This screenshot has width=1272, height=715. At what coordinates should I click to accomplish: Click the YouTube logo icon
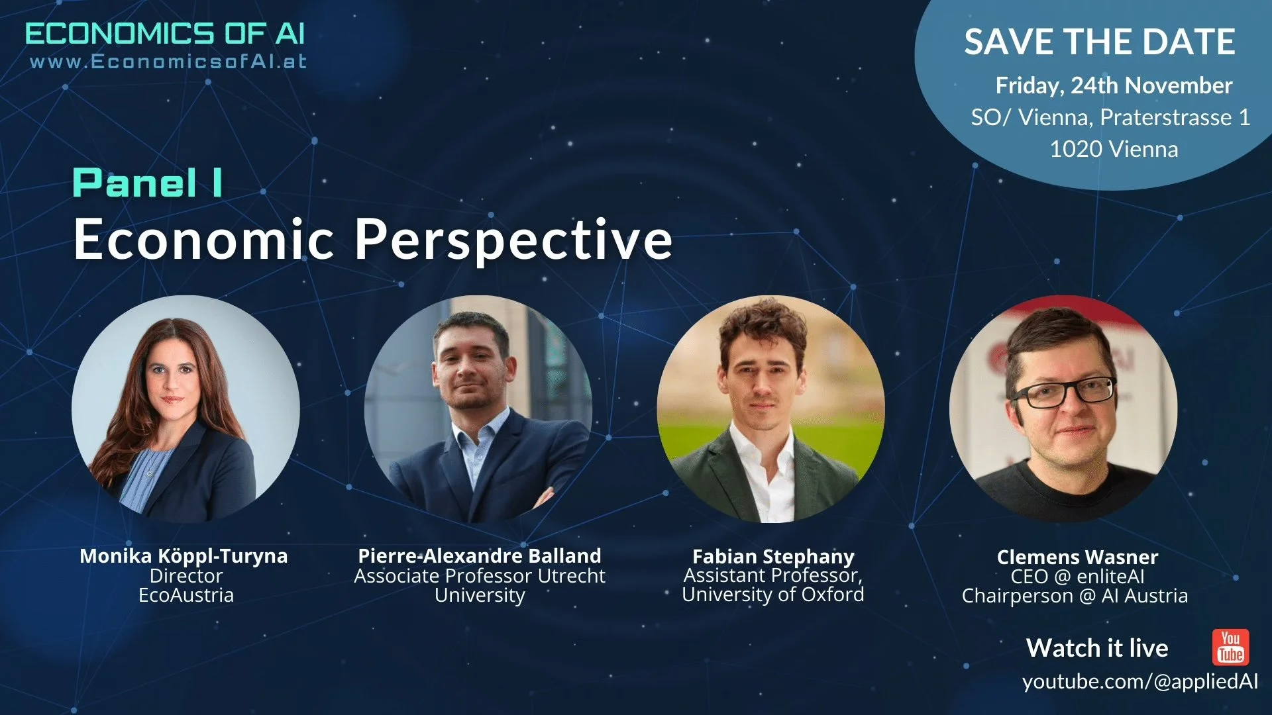1230,647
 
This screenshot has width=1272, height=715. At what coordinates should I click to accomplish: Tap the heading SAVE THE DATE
1099,42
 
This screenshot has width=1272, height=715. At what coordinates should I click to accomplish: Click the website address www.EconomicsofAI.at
168,62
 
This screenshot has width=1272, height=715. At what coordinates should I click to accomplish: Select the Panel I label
147,183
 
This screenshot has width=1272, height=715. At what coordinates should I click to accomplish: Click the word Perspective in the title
513,240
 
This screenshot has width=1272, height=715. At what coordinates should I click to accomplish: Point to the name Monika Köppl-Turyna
184,555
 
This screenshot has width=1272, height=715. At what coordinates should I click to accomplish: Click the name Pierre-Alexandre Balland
479,555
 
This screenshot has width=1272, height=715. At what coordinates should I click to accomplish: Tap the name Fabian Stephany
772,556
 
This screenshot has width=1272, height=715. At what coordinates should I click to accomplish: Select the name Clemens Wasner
1077,557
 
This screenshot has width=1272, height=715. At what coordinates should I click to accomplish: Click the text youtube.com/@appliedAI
1139,681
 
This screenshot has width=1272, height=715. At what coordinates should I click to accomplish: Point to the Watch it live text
1096,647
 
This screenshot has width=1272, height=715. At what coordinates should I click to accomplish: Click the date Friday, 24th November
1113,85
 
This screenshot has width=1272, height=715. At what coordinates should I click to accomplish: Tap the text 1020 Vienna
1113,149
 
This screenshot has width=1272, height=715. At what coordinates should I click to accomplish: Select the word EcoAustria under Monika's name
185,595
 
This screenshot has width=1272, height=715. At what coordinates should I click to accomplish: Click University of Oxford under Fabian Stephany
772,595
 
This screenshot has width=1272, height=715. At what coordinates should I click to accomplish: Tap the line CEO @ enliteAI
1077,577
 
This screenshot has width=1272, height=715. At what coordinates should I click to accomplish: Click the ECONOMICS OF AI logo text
165,34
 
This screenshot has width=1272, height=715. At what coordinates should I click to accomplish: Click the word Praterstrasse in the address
1165,117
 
